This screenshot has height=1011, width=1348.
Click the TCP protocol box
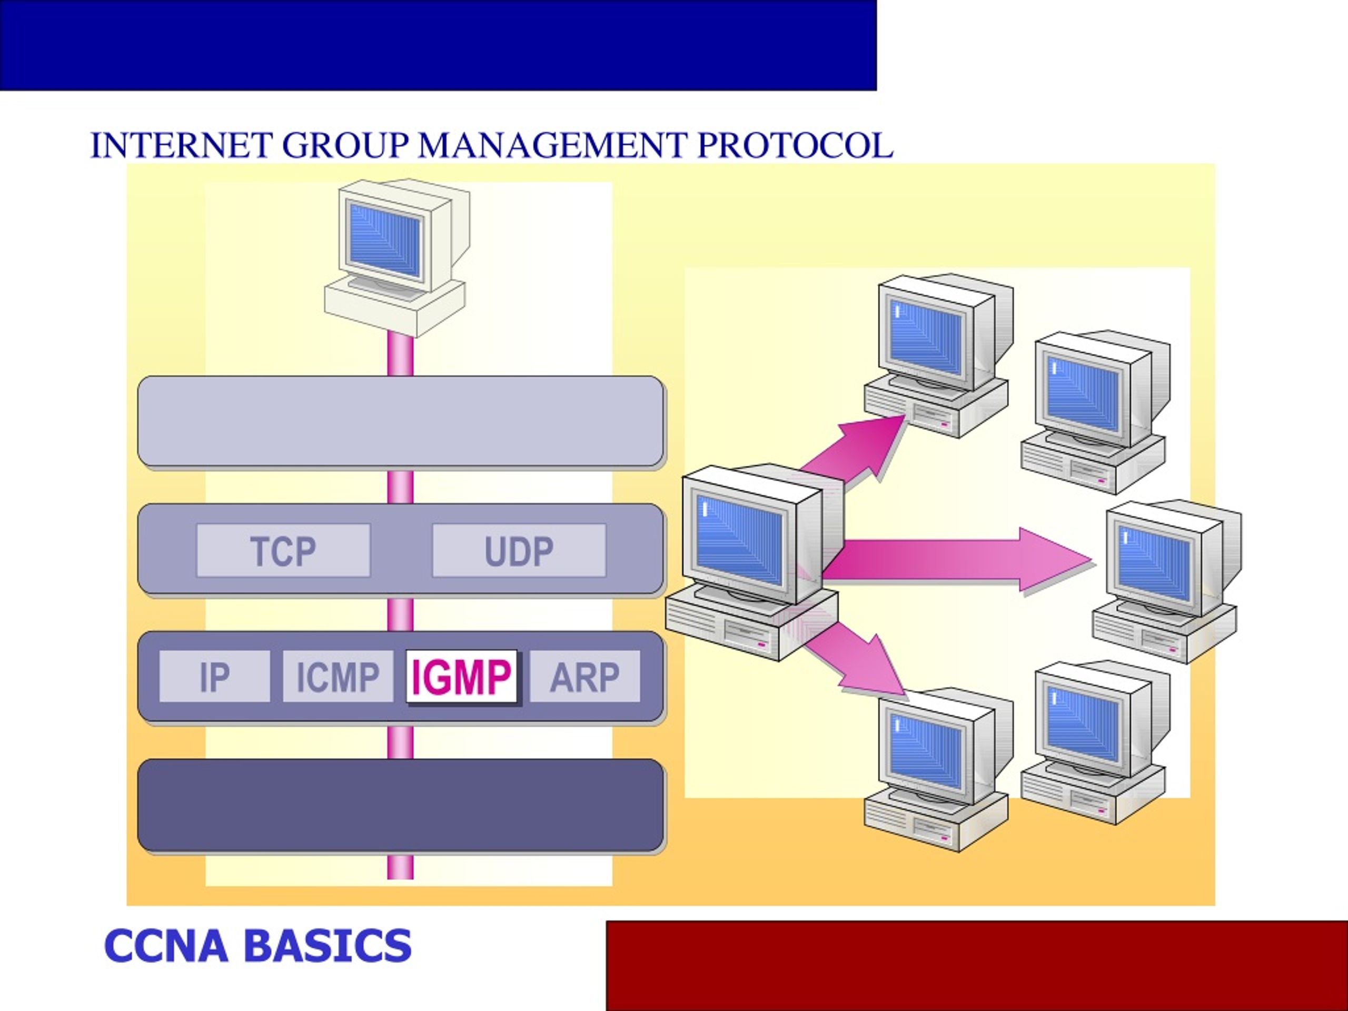click(x=283, y=550)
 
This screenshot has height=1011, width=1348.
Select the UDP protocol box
click(x=519, y=550)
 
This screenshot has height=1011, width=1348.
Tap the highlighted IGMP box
click(x=462, y=677)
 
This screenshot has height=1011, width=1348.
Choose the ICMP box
click(x=338, y=677)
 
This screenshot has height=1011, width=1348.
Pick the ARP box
click(x=585, y=677)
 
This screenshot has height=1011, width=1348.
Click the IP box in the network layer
click(x=214, y=677)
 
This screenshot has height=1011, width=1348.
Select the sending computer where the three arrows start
click(x=755, y=562)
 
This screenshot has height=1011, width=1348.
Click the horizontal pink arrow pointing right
click(x=957, y=561)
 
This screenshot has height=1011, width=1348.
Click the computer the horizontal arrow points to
click(x=1166, y=582)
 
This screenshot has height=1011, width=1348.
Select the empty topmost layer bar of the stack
click(x=401, y=422)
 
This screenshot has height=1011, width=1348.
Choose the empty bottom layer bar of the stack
click(x=401, y=805)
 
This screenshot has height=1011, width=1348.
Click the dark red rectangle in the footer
click(x=977, y=966)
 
